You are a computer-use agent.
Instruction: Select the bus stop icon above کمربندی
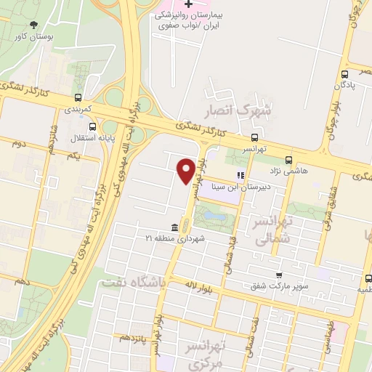tap(78, 97)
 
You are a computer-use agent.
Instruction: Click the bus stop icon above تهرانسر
tap(254, 137)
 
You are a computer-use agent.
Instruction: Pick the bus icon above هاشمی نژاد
tap(289, 160)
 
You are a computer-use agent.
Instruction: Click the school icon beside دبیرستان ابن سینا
tap(240, 175)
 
